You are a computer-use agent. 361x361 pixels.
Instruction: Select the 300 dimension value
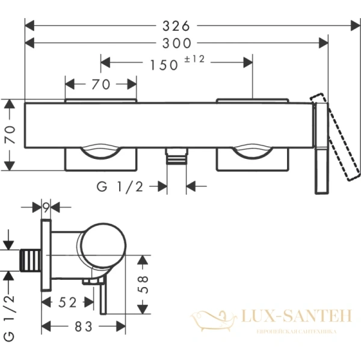coord(179,43)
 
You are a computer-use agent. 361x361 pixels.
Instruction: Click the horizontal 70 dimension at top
coord(100,85)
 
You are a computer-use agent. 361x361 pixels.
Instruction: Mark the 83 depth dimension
coord(82,327)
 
